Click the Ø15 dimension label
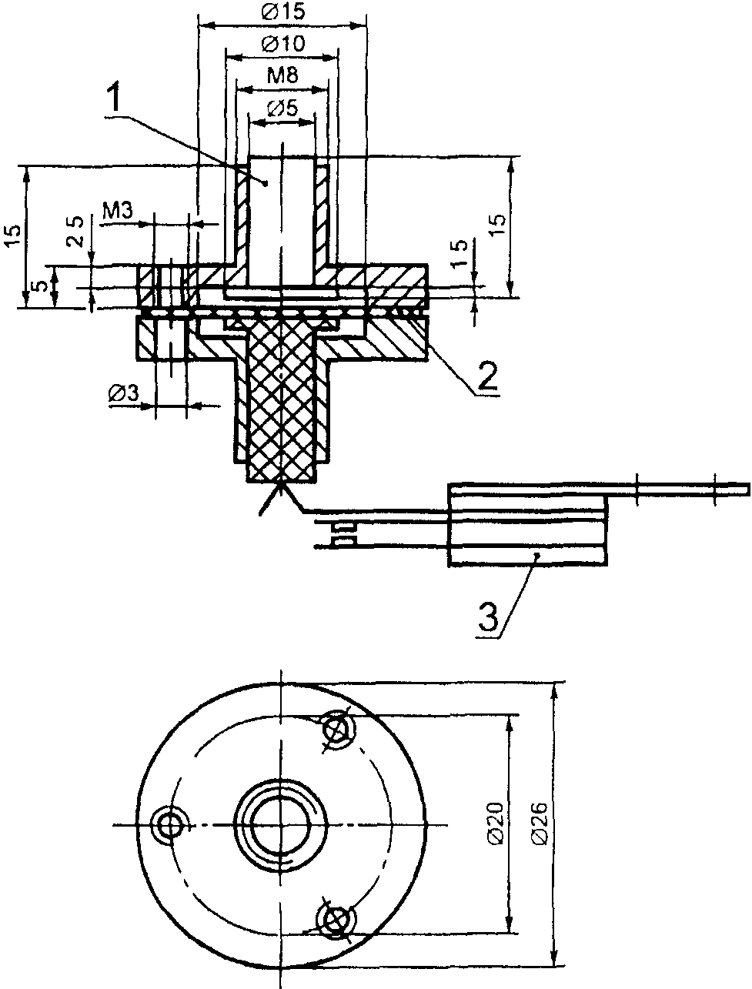[x=282, y=12]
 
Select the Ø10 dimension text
[x=282, y=44]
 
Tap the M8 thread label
[x=282, y=75]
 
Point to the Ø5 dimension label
[x=282, y=109]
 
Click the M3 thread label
[x=118, y=211]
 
